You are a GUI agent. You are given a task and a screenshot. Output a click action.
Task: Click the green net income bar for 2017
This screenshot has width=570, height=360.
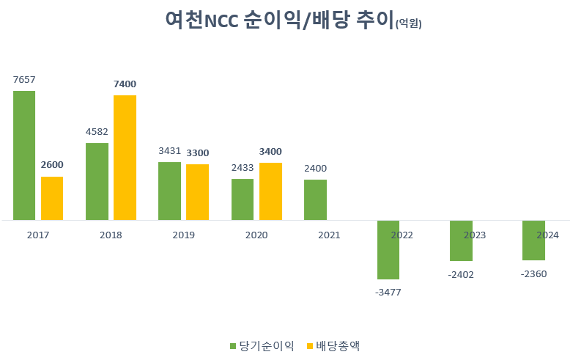click(x=24, y=155)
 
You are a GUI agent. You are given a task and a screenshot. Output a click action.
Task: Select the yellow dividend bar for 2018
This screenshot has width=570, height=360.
click(x=125, y=158)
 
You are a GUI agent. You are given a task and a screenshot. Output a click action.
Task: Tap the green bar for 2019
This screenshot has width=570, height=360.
click(x=169, y=191)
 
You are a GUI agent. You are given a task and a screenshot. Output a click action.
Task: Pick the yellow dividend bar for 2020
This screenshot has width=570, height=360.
click(x=270, y=191)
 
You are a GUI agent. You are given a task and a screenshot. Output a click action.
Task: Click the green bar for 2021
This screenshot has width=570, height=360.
click(x=315, y=199)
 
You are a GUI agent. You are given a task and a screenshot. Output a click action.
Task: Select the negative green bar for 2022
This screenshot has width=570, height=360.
click(x=388, y=250)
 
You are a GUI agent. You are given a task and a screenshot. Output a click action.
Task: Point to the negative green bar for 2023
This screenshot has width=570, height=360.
click(x=461, y=240)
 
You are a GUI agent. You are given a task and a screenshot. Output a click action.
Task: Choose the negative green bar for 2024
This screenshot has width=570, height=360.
click(x=533, y=240)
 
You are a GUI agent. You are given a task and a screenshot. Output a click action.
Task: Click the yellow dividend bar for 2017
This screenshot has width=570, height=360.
click(x=52, y=198)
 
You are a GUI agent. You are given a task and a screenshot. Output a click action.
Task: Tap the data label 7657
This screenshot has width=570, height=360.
click(x=24, y=79)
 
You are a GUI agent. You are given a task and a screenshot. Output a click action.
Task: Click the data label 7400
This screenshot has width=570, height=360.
click(x=125, y=84)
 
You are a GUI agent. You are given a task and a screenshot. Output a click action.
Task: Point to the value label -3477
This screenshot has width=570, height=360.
click(x=388, y=292)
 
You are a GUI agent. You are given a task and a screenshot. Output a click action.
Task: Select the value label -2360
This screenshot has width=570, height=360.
click(x=533, y=273)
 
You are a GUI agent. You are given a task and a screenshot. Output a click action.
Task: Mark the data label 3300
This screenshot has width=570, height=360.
click(x=197, y=153)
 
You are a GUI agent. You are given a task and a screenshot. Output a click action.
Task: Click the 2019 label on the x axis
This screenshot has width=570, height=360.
click(x=183, y=235)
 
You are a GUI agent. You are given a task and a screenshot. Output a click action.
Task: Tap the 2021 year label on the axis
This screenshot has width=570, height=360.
click(x=329, y=235)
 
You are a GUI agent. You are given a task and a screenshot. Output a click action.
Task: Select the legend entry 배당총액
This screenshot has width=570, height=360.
click(x=338, y=345)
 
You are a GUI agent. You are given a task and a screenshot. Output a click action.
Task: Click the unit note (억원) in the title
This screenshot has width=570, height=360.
click(x=408, y=23)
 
